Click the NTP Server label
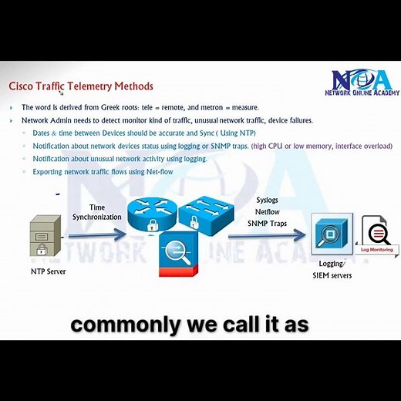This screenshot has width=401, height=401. [x=49, y=271]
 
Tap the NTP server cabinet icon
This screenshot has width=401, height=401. [x=45, y=234]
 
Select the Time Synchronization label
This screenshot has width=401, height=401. [x=97, y=212]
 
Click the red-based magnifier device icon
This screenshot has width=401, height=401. [x=177, y=255]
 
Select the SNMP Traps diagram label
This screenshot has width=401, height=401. [x=268, y=223]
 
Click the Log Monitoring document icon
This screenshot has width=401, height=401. [x=377, y=234]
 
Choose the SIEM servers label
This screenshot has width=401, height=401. [x=332, y=275]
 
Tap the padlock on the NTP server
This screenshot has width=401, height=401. [x=42, y=251]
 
